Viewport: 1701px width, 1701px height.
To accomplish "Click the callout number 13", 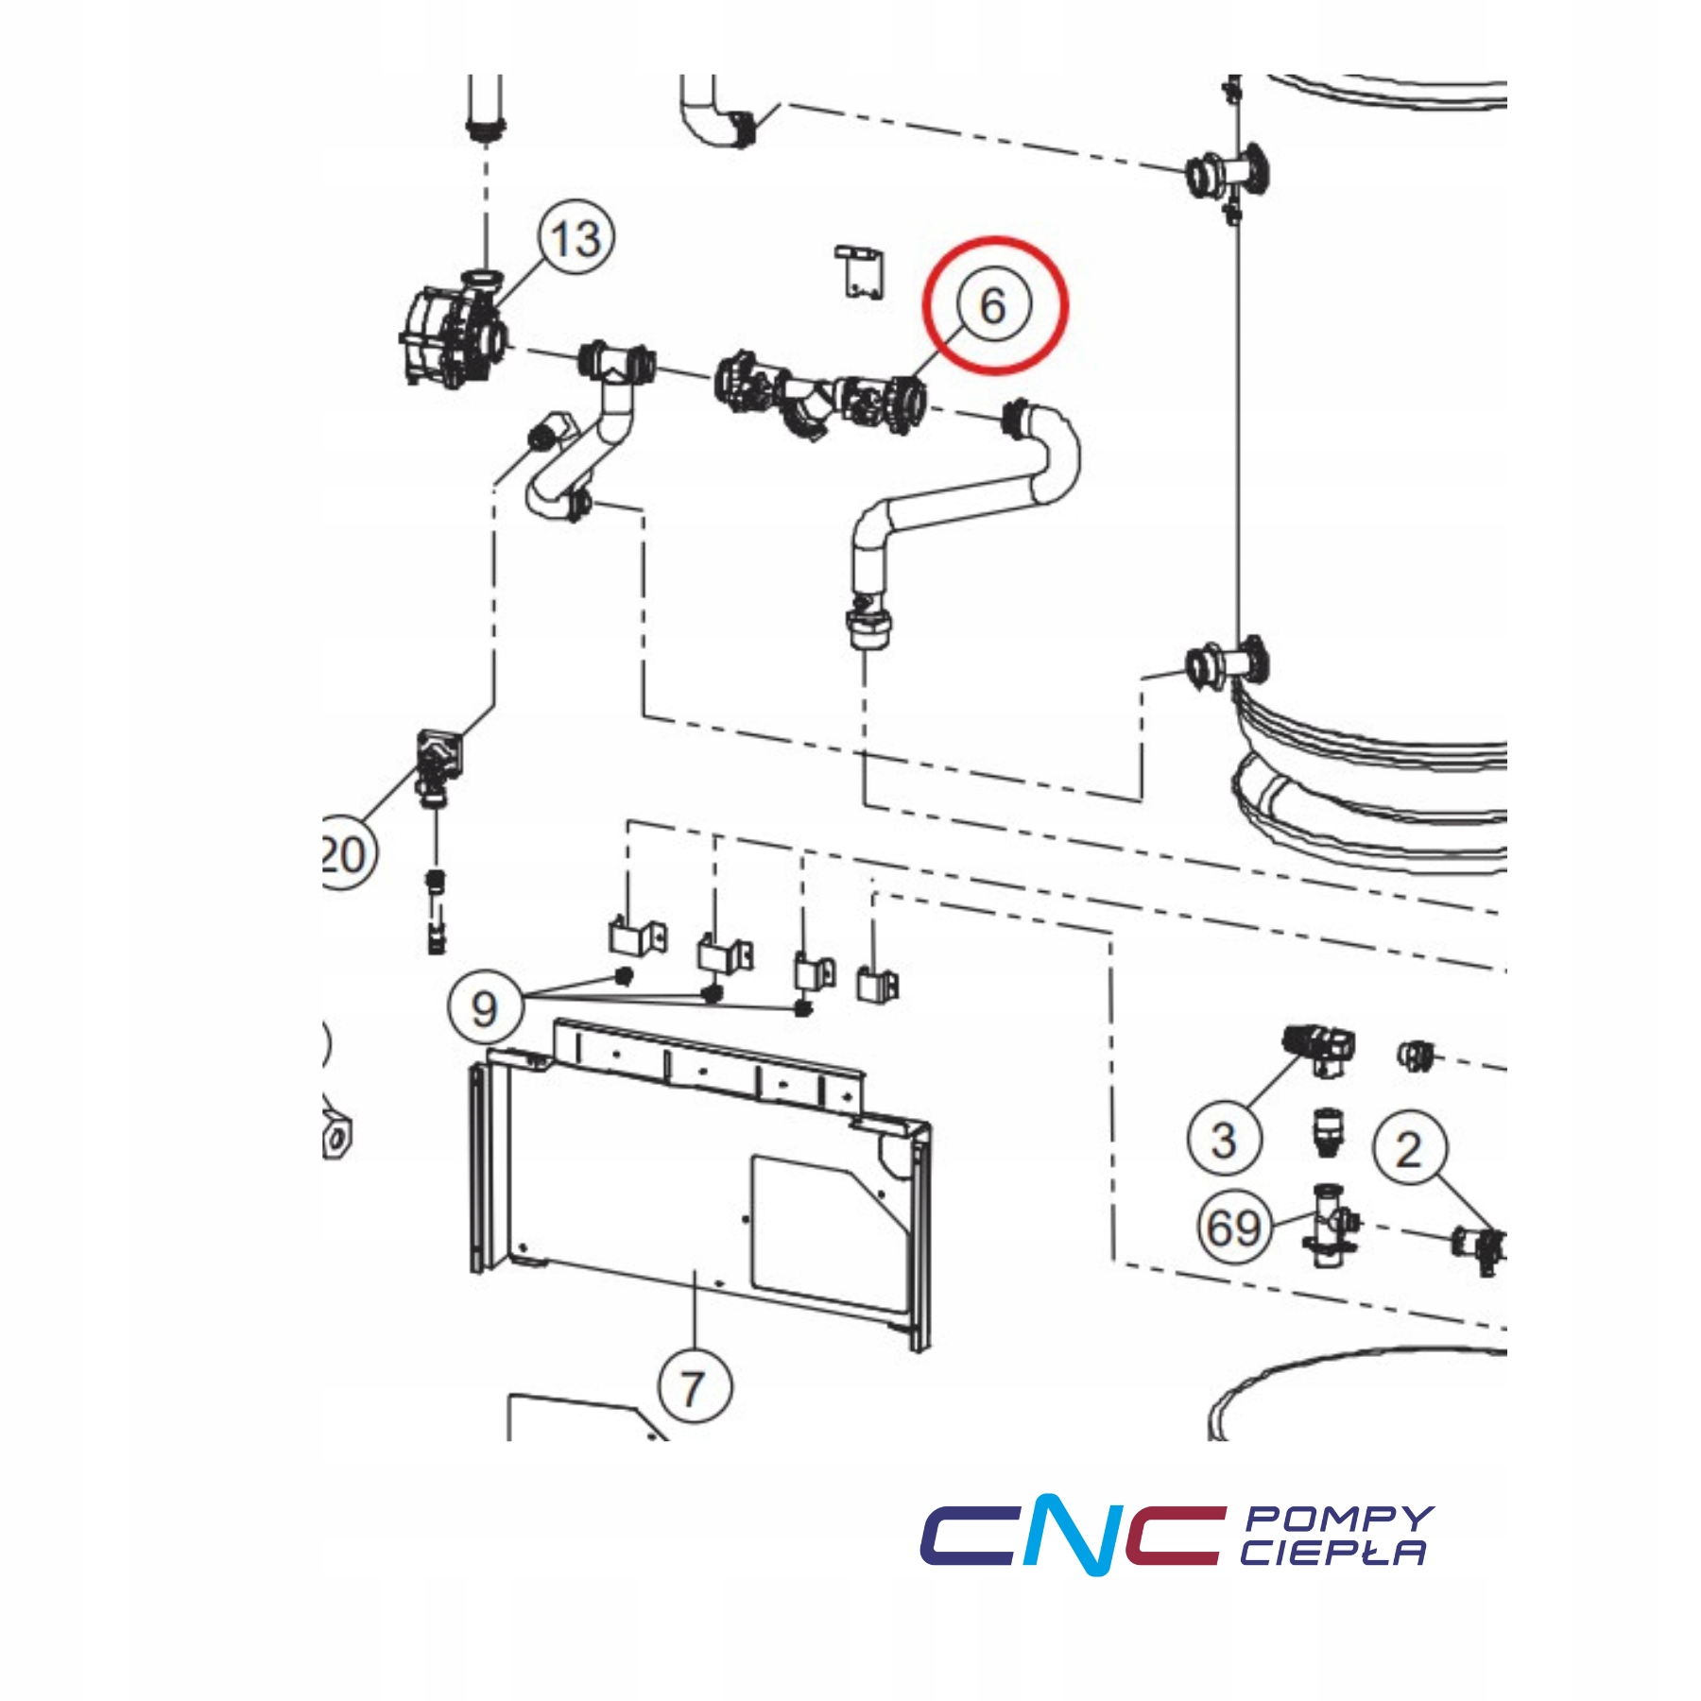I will [x=576, y=237].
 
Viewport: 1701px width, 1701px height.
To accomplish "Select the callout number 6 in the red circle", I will [x=993, y=304].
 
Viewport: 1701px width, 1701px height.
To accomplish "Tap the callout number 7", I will [x=695, y=1387].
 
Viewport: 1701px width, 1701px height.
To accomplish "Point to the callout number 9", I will [x=485, y=1007].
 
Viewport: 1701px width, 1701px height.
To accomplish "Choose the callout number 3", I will [x=1224, y=1140].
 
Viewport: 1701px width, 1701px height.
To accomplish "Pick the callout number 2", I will [x=1409, y=1149].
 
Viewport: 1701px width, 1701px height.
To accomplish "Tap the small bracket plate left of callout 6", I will [x=861, y=272].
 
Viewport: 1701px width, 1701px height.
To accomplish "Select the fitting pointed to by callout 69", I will [x=1331, y=1227].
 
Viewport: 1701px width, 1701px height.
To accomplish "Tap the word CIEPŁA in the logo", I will [x=1332, y=1553].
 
